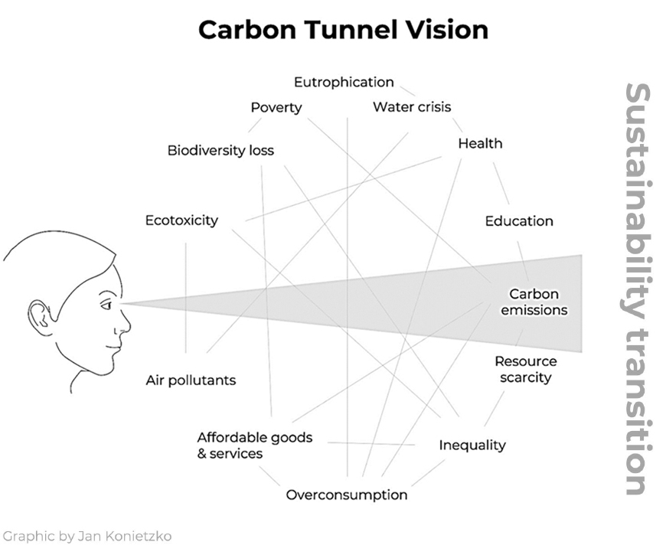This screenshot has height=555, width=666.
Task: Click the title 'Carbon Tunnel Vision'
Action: click(x=343, y=30)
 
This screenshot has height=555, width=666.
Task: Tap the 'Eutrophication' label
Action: click(x=344, y=82)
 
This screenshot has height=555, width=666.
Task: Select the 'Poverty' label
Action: click(x=276, y=107)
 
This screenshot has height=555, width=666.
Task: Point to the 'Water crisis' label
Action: click(x=412, y=107)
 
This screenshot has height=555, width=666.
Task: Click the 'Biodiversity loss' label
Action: click(x=220, y=150)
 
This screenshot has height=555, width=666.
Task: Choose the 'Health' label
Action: click(x=480, y=143)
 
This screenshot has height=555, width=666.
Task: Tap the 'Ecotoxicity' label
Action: click(x=181, y=220)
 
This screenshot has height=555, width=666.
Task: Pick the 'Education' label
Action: click(x=519, y=221)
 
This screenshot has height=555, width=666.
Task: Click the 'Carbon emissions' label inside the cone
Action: click(x=534, y=302)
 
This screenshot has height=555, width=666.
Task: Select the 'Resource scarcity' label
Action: click(x=525, y=369)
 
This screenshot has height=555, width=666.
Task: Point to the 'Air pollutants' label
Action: click(x=191, y=380)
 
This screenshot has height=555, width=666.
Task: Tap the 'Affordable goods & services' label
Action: click(x=254, y=446)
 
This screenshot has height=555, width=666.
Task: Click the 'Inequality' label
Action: click(x=472, y=445)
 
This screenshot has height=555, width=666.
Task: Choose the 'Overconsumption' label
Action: click(x=347, y=495)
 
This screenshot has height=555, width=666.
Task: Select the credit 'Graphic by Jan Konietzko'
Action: click(x=87, y=536)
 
